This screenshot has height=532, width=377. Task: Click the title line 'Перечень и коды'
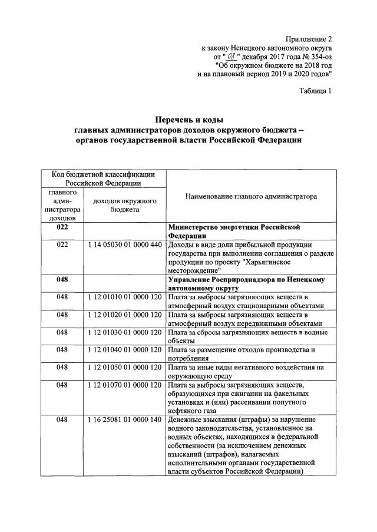point(188,120)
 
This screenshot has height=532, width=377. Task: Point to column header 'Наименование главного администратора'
point(251,196)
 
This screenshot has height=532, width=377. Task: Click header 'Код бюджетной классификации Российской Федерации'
point(103,179)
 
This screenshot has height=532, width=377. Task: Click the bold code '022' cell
point(63,227)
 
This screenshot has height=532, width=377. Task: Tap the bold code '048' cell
point(63,279)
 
